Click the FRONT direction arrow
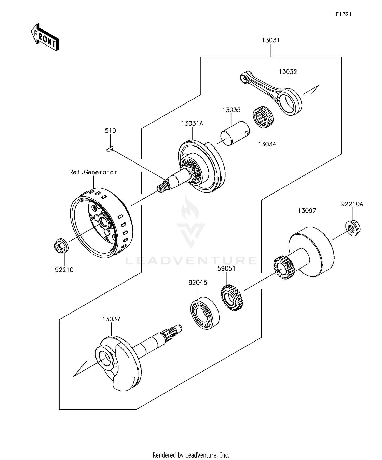[45, 37]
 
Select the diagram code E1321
[343, 14]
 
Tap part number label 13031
[271, 40]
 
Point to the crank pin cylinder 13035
[235, 133]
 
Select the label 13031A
[192, 124]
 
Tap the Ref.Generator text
[93, 172]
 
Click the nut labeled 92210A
[353, 228]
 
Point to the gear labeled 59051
[231, 298]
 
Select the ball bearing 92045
[205, 313]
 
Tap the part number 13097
[307, 211]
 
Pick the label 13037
[111, 319]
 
